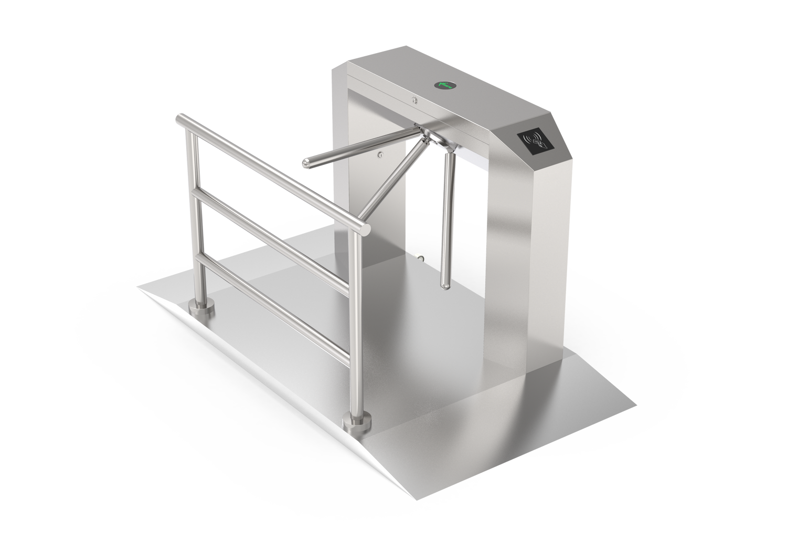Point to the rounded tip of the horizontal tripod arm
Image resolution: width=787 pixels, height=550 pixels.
click(x=305, y=164)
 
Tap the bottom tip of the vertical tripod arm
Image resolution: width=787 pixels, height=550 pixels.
click(x=445, y=286)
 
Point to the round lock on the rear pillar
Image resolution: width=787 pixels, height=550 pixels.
click(x=380, y=155)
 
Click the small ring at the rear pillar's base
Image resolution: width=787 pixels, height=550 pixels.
click(x=420, y=257)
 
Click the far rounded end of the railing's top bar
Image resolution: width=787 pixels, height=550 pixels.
click(x=179, y=119)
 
